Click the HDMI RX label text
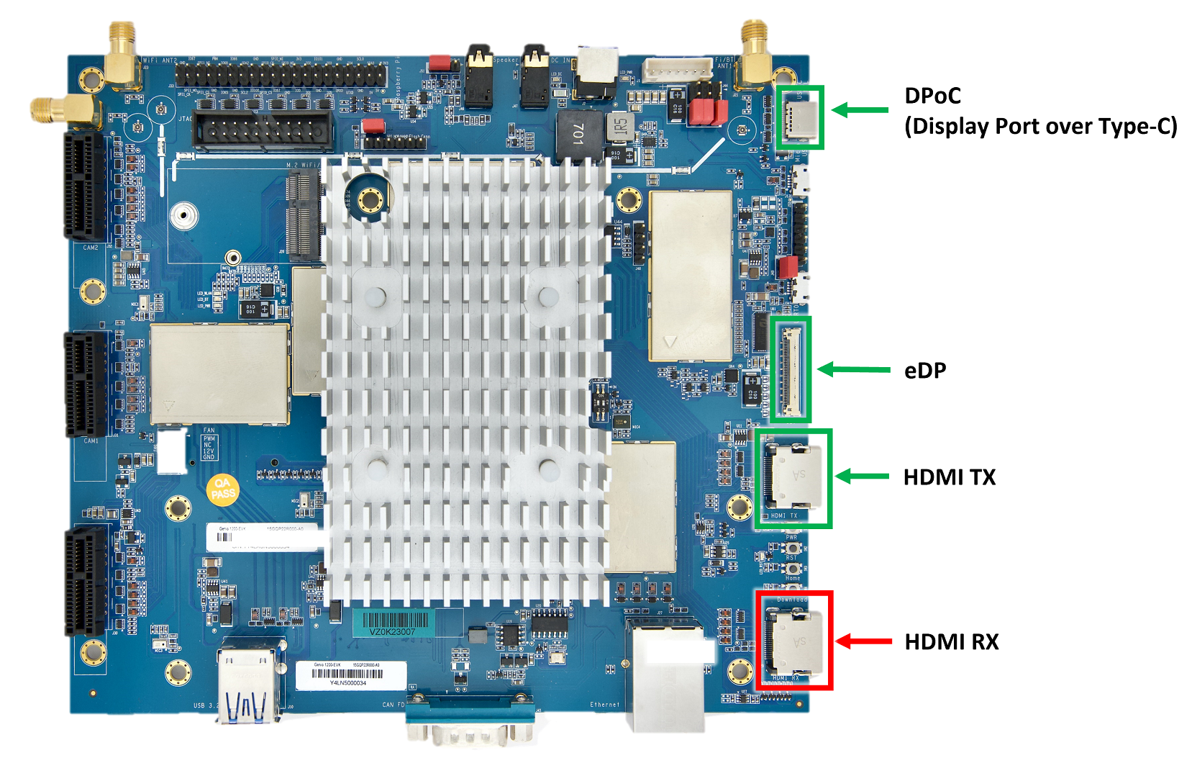951,641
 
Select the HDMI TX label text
949,477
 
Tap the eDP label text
925,371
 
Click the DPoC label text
932,96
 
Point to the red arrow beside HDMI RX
863,641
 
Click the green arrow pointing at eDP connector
853,370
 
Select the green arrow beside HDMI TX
861,477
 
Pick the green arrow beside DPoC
860,109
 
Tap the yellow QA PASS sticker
222,490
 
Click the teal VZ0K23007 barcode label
393,623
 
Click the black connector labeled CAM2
86,187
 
